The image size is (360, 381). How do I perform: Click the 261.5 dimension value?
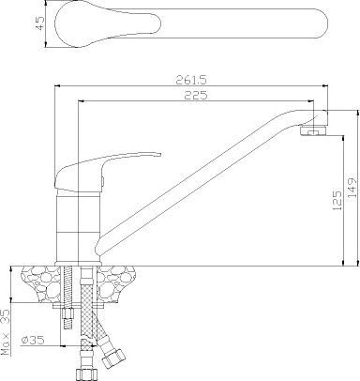(191, 80)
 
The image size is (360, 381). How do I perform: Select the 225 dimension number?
(196, 95)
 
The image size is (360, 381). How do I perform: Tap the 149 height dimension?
(352, 188)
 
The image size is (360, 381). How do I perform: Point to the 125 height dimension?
(337, 200)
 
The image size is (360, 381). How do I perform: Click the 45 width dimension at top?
(40, 23)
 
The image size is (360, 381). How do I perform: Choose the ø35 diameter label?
(33, 340)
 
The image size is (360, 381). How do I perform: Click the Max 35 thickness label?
(6, 332)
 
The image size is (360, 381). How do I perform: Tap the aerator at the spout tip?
(313, 130)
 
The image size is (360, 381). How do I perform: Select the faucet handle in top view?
(191, 24)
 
